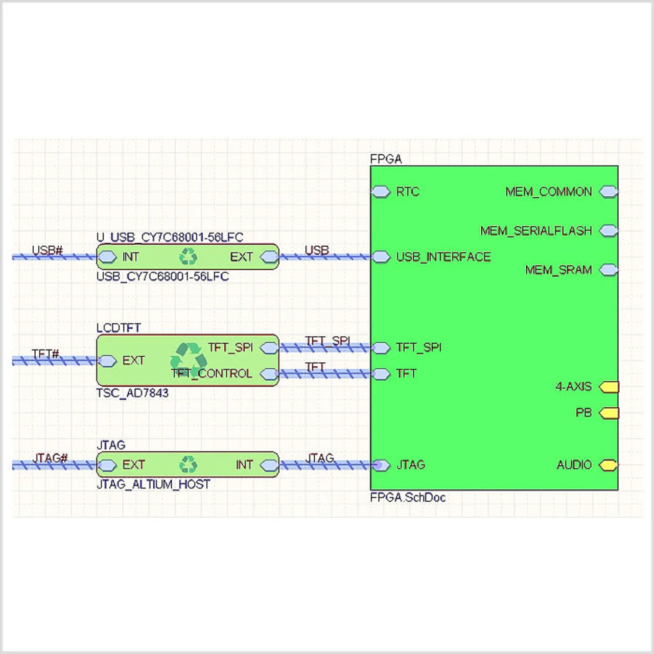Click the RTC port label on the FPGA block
point(407,192)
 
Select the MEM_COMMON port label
point(548,192)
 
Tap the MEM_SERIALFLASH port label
point(536,231)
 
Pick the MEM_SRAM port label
point(558,270)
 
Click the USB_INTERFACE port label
point(443,257)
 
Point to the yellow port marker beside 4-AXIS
point(609,387)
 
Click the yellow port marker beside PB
point(609,413)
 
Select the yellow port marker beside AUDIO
point(608,465)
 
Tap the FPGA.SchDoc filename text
point(408,498)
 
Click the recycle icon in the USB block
point(188,256)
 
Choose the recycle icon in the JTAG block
point(188,464)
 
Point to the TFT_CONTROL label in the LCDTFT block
point(212,374)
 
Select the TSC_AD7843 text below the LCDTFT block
point(132,393)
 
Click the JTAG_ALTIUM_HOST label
point(153,484)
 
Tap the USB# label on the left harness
point(47,250)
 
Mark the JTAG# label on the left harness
point(50,458)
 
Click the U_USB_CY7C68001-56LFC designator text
point(170,238)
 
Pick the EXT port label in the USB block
point(241,257)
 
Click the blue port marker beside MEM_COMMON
point(608,192)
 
